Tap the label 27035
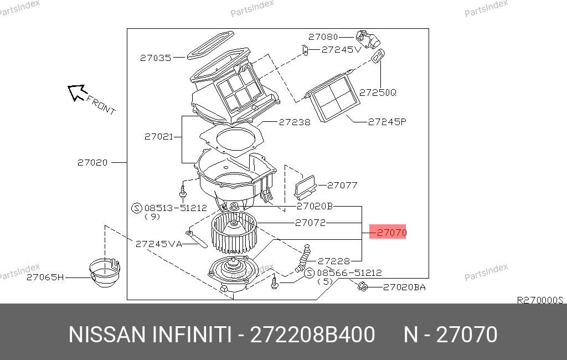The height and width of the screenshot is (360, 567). tap(156, 58)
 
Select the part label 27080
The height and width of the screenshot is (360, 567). tap(323, 37)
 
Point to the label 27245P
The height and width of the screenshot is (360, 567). tap(387, 122)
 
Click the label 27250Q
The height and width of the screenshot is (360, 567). tap(378, 92)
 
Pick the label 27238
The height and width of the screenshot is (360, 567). tap(295, 122)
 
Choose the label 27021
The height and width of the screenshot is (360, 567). tap(159, 136)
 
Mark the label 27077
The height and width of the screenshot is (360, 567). tap(342, 185)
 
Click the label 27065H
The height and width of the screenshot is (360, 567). tap(45, 277)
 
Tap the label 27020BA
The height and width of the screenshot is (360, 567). tap(404, 287)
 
